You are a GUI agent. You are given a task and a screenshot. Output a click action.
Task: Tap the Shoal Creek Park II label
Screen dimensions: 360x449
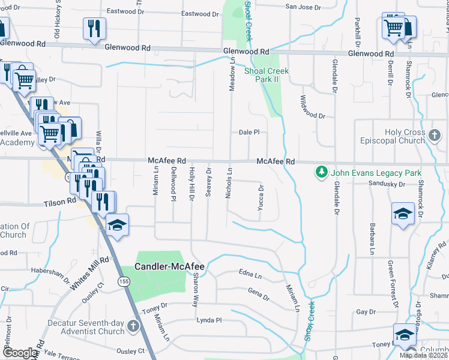click(x=267, y=75)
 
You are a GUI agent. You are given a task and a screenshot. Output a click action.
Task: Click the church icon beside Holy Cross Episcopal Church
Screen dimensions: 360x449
click(x=436, y=136)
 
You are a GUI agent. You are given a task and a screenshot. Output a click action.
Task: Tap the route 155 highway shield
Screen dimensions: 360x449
click(x=124, y=281)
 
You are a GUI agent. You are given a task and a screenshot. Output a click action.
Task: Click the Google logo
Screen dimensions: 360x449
click(x=19, y=353)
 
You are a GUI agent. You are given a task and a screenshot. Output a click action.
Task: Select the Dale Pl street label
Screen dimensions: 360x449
click(x=249, y=133)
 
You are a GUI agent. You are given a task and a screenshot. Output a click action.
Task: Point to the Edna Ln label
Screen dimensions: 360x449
click(x=250, y=275)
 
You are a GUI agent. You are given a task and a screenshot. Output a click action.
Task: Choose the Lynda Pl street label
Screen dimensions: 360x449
click(x=209, y=320)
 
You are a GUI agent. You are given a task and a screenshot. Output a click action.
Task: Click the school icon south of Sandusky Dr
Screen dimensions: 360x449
click(x=403, y=214)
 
